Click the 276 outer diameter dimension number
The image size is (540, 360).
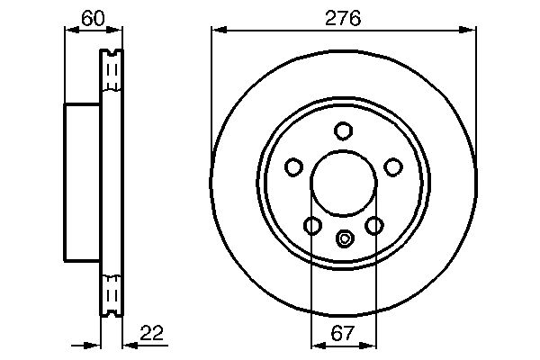click(343, 18)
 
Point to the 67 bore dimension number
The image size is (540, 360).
click(343, 334)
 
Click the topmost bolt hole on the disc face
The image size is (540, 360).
click(343, 131)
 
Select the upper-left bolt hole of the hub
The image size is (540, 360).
click(293, 166)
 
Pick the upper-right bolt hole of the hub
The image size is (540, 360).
click(392, 166)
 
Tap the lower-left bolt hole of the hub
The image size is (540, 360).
click(312, 225)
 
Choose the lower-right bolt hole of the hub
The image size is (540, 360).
click(373, 225)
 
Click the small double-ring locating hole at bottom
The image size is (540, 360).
click(343, 238)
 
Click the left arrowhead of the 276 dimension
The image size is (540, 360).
click(217, 30)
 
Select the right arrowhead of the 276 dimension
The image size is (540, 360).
click(469, 30)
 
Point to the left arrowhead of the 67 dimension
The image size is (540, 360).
click(316, 346)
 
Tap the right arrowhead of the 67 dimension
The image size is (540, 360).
click(370, 346)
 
